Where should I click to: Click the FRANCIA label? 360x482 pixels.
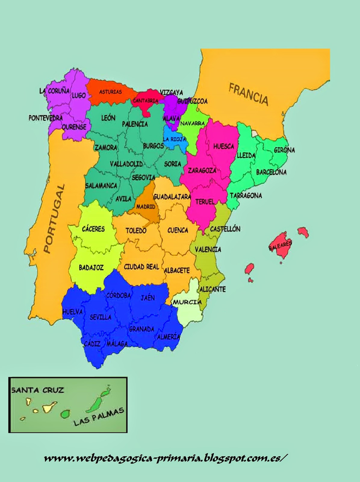248,94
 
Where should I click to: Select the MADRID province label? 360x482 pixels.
146,207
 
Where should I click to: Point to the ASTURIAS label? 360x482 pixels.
110,92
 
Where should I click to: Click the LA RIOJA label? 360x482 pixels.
175,139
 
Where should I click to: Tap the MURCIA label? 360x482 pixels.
187,302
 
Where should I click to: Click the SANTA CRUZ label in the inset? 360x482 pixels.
38,390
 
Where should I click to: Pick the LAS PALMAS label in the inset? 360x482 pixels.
99,417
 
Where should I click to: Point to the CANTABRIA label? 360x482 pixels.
146,101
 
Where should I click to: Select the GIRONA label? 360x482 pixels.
284,150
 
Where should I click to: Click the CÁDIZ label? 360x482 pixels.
92,343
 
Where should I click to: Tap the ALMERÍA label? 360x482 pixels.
169,337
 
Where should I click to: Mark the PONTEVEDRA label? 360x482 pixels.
45,118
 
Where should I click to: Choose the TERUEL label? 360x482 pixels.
205,202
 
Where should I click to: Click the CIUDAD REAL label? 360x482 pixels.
141,267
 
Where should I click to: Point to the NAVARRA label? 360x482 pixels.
192,123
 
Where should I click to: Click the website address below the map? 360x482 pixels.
164,458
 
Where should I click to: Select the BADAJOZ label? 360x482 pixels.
91,267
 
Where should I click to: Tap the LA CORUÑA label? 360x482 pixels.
54,91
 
